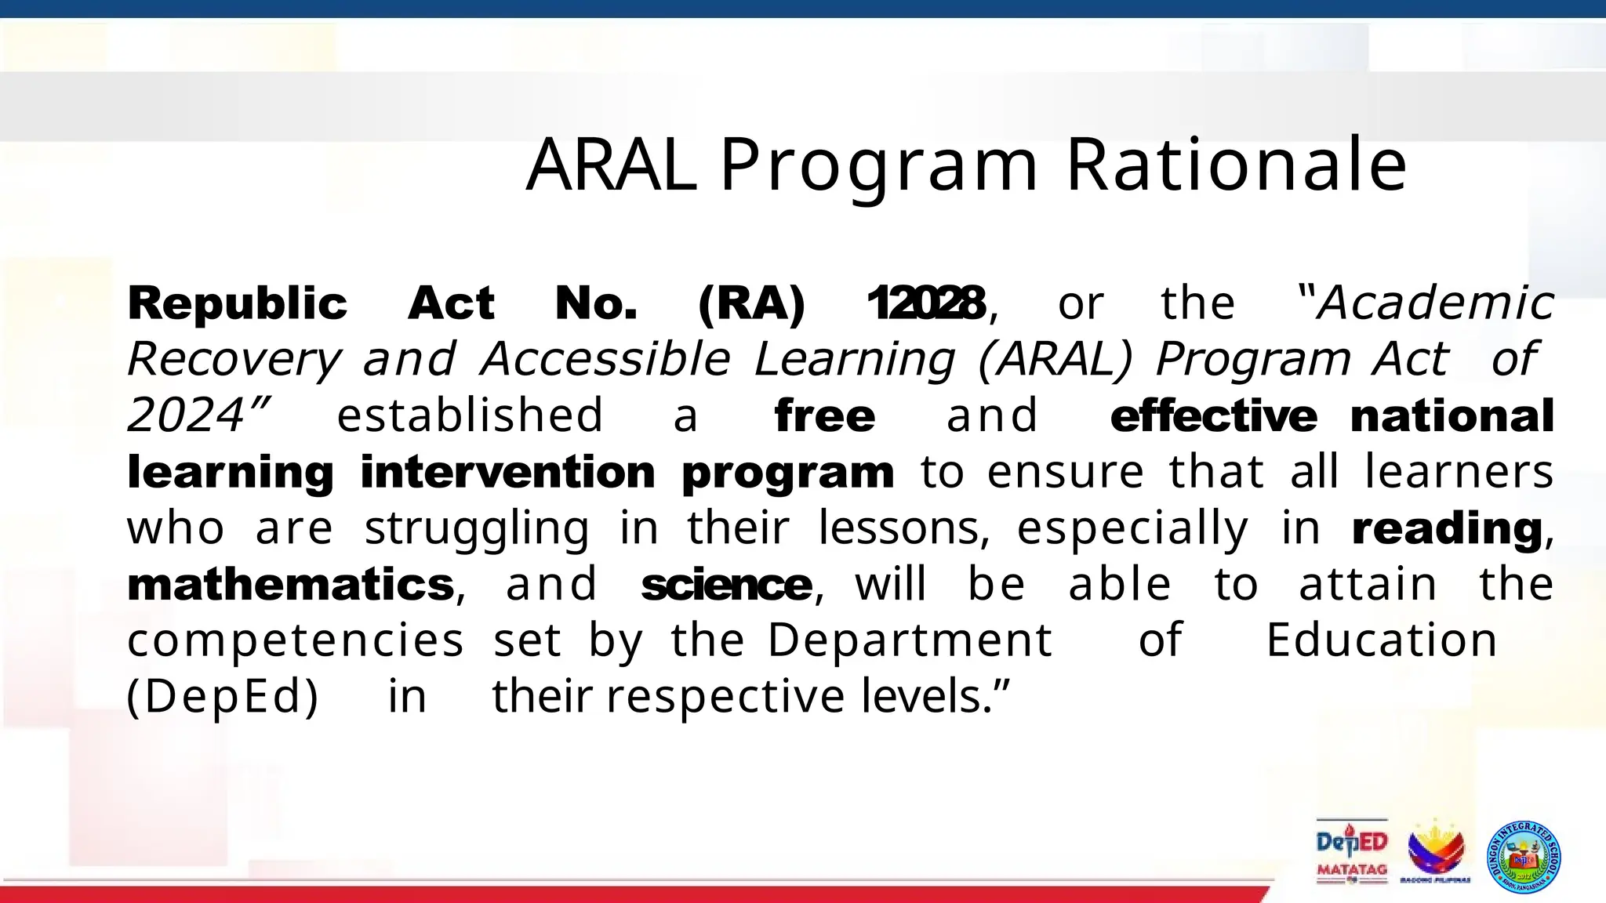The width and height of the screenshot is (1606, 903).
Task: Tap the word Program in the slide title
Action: (x=879, y=167)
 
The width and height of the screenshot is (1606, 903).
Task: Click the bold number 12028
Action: (x=926, y=303)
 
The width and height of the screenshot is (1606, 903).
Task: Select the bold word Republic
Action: (x=237, y=304)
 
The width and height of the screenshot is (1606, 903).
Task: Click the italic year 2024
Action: (x=187, y=415)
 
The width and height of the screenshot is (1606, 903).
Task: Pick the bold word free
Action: (x=824, y=415)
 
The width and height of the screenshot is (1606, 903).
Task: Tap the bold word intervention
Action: (x=507, y=472)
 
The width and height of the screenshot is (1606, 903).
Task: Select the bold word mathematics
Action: (x=290, y=585)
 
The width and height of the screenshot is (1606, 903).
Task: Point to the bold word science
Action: (x=726, y=585)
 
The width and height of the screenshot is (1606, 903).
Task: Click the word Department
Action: (x=909, y=640)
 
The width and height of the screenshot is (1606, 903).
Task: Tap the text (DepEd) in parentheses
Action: (x=223, y=696)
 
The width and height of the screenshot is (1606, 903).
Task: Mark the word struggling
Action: (x=477, y=528)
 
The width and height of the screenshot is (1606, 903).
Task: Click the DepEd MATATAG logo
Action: (x=1352, y=852)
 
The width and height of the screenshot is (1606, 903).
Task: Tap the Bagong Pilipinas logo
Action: (x=1435, y=852)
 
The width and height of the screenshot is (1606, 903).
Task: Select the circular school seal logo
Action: (x=1523, y=857)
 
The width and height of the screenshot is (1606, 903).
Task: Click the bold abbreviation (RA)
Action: (x=751, y=303)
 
